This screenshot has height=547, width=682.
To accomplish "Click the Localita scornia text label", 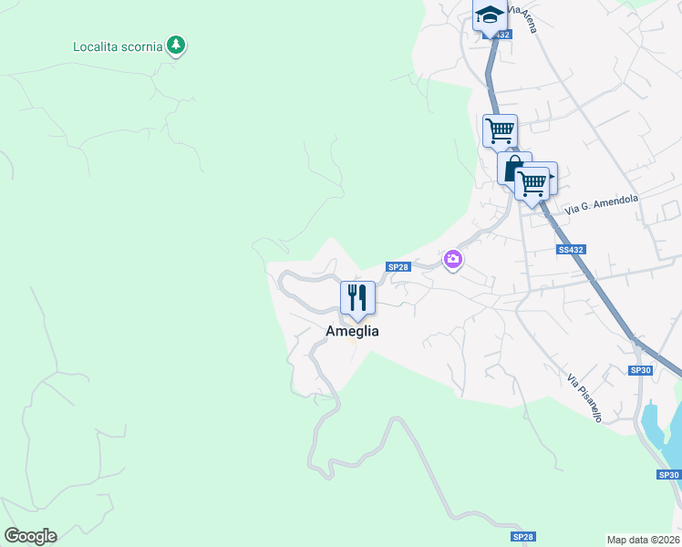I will [118, 46].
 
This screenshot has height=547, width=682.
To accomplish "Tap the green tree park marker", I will [176, 45].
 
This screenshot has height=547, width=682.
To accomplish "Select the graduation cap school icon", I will [490, 15].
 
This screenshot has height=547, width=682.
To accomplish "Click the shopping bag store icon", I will [512, 169].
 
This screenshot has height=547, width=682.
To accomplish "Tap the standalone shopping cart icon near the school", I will [499, 130].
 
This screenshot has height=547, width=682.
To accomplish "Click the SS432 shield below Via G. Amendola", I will [570, 249].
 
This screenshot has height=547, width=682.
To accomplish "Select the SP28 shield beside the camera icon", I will [398, 266].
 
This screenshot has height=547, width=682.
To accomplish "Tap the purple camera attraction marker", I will [452, 261].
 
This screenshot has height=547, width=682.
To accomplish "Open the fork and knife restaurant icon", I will [357, 298].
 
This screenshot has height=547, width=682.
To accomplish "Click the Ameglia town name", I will [352, 332].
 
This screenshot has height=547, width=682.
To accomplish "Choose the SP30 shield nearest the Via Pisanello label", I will [642, 370].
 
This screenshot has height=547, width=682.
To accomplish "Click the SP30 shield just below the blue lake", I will [668, 475].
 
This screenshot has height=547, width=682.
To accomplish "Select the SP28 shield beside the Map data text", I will [522, 538].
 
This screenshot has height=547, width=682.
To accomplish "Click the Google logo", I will [30, 536].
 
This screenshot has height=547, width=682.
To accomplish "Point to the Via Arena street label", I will [522, 18].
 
